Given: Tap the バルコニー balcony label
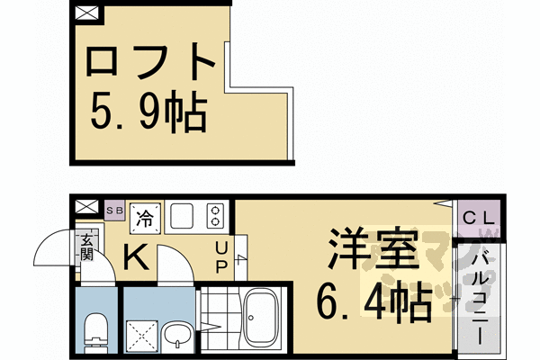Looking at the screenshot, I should point(479,297).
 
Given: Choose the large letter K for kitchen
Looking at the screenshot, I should point(137,257).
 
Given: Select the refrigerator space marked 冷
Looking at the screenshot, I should point(144,216).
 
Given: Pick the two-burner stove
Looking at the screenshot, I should point(214,216).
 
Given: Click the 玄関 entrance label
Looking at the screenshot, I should point(87,246).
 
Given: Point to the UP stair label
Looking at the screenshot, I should point(220,258).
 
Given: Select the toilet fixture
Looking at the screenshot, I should point(95,330).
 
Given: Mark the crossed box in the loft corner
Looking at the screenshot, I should point(86,14).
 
